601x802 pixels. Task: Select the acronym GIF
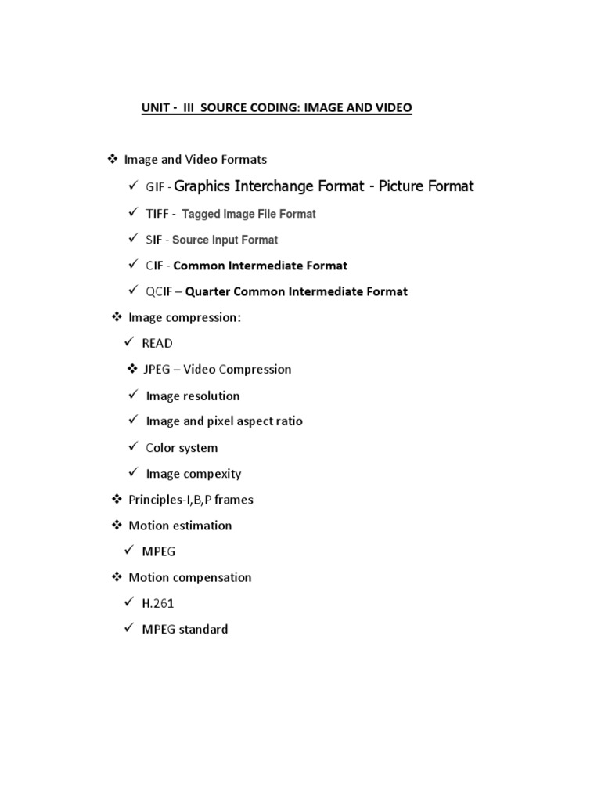point(154,187)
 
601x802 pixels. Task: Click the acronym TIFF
point(157,213)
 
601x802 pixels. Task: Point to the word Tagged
point(201,214)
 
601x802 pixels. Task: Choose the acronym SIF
point(154,240)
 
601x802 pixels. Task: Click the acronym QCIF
point(159,291)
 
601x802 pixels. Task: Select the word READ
point(157,343)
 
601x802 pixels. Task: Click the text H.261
point(157,603)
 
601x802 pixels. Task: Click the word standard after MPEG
point(203,629)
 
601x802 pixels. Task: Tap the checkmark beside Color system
point(134,446)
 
